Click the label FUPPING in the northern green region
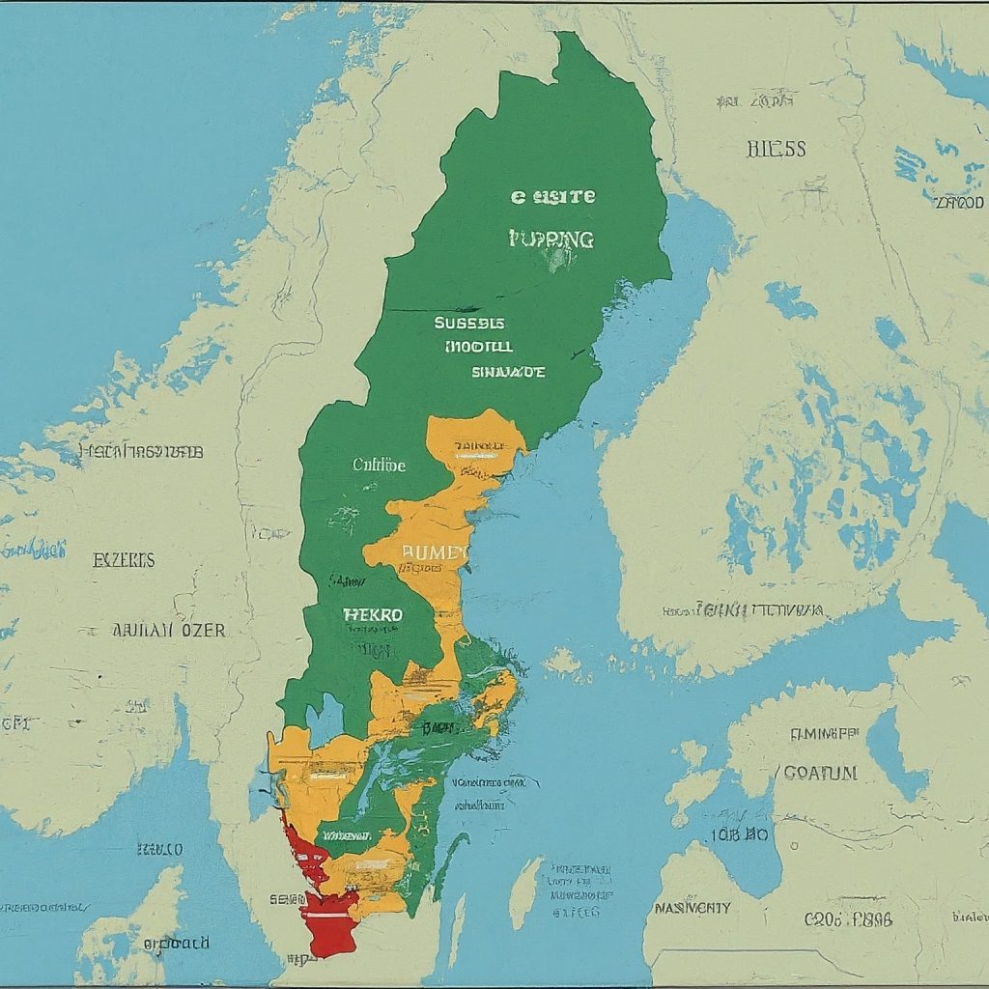coord(551,239)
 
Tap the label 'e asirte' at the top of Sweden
coord(553,196)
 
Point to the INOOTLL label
coord(479,346)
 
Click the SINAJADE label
coord(509,371)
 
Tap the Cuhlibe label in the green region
coord(380,465)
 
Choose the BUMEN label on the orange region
coord(434,551)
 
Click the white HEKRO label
coord(373,613)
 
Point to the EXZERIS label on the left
coord(123,560)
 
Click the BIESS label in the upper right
coord(776,149)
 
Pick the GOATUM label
coord(819,773)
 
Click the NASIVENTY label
coord(692,908)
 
